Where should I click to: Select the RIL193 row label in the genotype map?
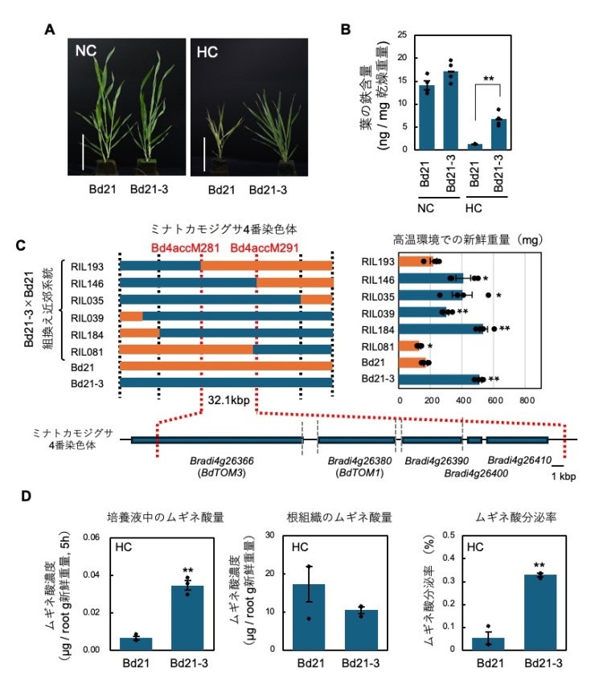(100, 265)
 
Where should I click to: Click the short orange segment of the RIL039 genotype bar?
(131, 316)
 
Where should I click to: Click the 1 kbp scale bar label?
(564, 476)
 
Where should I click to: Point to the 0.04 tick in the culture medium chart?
(100, 575)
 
